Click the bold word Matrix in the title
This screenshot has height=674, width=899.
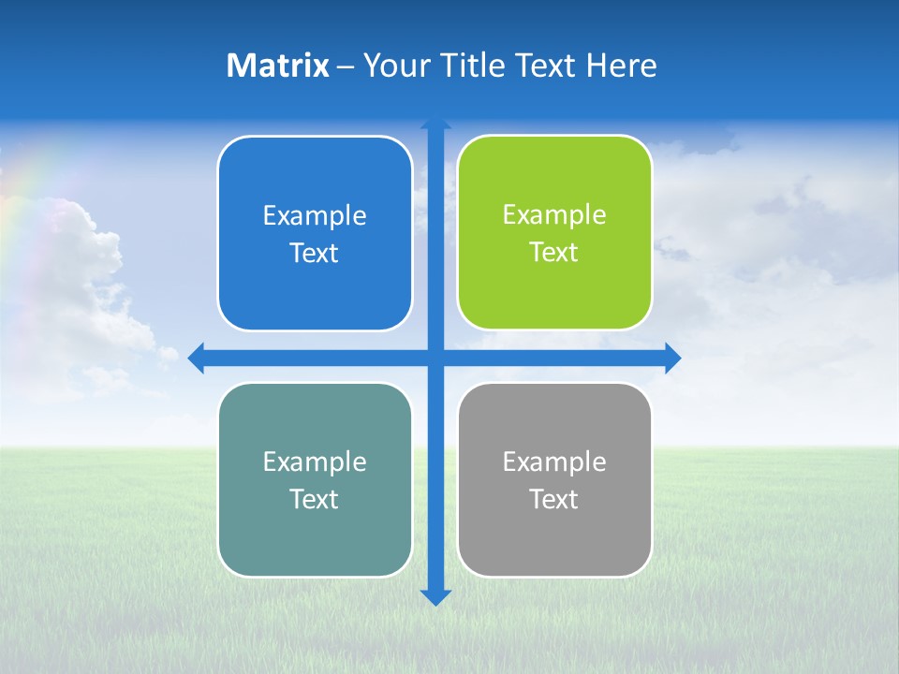(x=278, y=66)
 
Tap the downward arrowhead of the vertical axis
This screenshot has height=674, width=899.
(x=435, y=597)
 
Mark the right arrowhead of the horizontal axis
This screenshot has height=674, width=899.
(x=672, y=358)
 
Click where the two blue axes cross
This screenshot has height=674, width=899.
(x=435, y=358)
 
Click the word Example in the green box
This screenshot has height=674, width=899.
(x=554, y=215)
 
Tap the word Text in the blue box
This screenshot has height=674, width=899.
(x=314, y=254)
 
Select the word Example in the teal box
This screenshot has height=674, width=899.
(x=315, y=462)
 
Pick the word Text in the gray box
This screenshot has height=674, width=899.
(x=553, y=499)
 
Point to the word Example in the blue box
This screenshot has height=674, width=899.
(x=315, y=216)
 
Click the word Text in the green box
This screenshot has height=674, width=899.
(x=553, y=253)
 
